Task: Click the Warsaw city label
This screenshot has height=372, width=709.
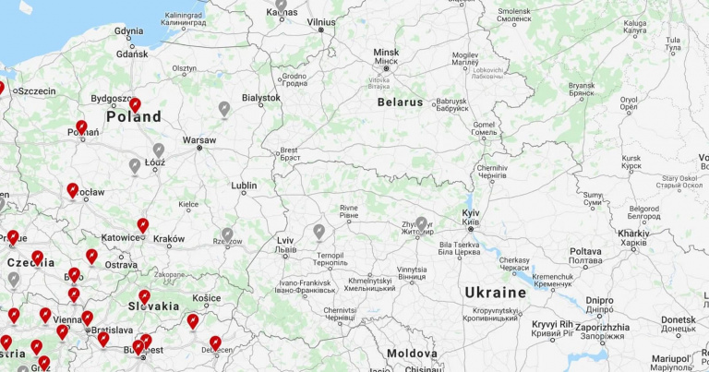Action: (198, 140)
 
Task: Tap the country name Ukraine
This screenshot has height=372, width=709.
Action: (495, 293)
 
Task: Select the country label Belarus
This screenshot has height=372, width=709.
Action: (400, 102)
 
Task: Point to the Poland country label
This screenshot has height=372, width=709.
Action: (134, 117)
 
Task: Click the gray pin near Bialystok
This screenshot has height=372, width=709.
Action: (223, 110)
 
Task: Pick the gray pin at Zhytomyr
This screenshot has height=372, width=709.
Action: (422, 223)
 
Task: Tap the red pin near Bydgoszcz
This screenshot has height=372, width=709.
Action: (135, 104)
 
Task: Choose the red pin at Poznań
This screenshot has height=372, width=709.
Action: (81, 126)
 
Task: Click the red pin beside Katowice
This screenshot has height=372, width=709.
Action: (142, 224)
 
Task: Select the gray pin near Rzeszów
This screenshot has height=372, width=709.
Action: (227, 234)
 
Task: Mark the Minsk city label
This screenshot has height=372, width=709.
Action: (386, 53)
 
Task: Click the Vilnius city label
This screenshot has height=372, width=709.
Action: (321, 21)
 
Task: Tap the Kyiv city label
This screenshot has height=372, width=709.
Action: (471, 213)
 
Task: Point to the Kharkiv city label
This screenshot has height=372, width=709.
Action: (634, 234)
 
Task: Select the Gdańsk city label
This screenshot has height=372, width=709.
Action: (132, 54)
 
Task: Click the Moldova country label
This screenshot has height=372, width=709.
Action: (412, 354)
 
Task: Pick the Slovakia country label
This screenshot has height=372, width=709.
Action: (154, 306)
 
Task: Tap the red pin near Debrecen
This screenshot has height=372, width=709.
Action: (215, 342)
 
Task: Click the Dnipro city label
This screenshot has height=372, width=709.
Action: (598, 300)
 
